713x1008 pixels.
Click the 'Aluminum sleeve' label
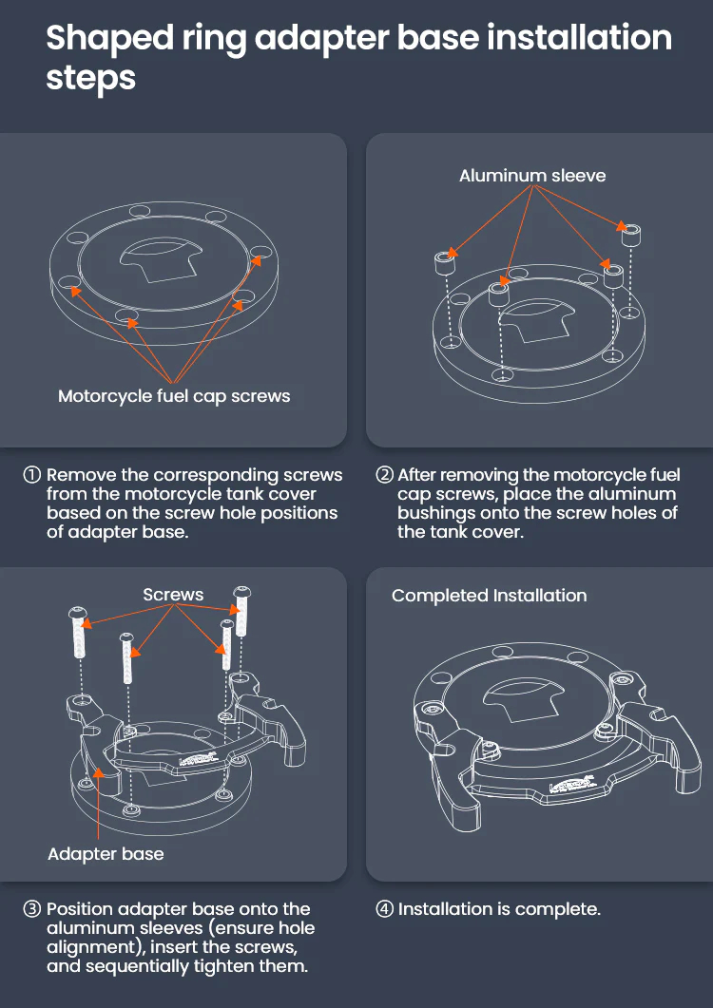tap(532, 176)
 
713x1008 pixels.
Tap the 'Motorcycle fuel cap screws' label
tap(174, 396)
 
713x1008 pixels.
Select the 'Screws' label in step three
tap(173, 595)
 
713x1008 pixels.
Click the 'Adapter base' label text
tap(106, 854)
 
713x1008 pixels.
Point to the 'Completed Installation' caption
tap(489, 596)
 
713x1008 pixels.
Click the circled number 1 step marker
tap(31, 475)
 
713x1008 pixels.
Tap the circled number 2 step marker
tap(384, 475)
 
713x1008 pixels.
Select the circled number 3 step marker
tap(31, 909)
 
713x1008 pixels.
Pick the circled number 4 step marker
tap(384, 909)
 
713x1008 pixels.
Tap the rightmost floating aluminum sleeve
tap(630, 234)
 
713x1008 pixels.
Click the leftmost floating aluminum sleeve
tap(445, 262)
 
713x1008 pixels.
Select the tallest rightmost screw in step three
tap(241, 611)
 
